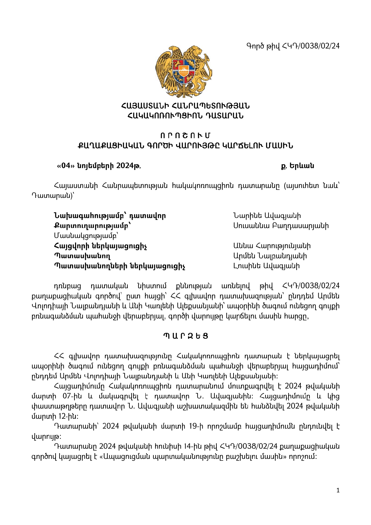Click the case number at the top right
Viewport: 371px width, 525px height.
click(x=293, y=46)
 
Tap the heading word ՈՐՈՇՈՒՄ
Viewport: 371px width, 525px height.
click(x=185, y=136)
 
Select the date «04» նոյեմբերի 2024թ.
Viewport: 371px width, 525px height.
click(x=99, y=166)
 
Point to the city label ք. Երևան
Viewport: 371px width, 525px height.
click(x=297, y=166)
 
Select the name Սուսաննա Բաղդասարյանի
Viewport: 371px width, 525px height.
click(x=281, y=226)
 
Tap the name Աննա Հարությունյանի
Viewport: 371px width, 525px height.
click(x=272, y=246)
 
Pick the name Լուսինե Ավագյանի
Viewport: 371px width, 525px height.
click(x=266, y=266)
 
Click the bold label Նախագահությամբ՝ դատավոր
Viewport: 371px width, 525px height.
click(x=110, y=216)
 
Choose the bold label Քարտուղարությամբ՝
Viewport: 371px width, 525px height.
click(x=92, y=226)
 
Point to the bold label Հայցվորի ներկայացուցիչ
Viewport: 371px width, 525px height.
click(x=100, y=246)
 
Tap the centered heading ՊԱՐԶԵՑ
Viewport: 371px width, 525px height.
click(x=185, y=336)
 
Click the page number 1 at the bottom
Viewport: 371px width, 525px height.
click(x=338, y=490)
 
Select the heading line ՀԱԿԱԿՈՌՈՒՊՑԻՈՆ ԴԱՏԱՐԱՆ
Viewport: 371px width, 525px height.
click(x=185, y=116)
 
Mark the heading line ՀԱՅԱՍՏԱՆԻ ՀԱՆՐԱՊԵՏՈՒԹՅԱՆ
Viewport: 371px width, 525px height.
click(x=185, y=106)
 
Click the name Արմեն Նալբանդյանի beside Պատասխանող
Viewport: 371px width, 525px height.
click(x=270, y=256)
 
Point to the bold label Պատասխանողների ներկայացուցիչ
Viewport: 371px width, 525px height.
click(x=120, y=266)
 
